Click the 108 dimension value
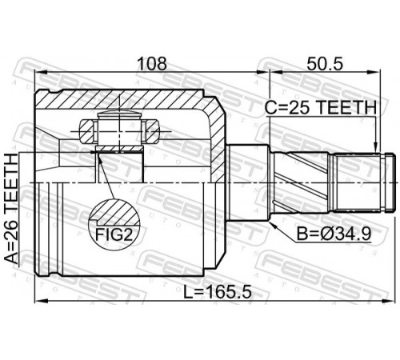[152, 64]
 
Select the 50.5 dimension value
[324, 64]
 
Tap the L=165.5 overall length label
[218, 292]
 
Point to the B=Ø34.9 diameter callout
[334, 234]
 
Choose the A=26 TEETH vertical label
[11, 209]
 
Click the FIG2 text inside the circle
[114, 234]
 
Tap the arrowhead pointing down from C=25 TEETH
[375, 147]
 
